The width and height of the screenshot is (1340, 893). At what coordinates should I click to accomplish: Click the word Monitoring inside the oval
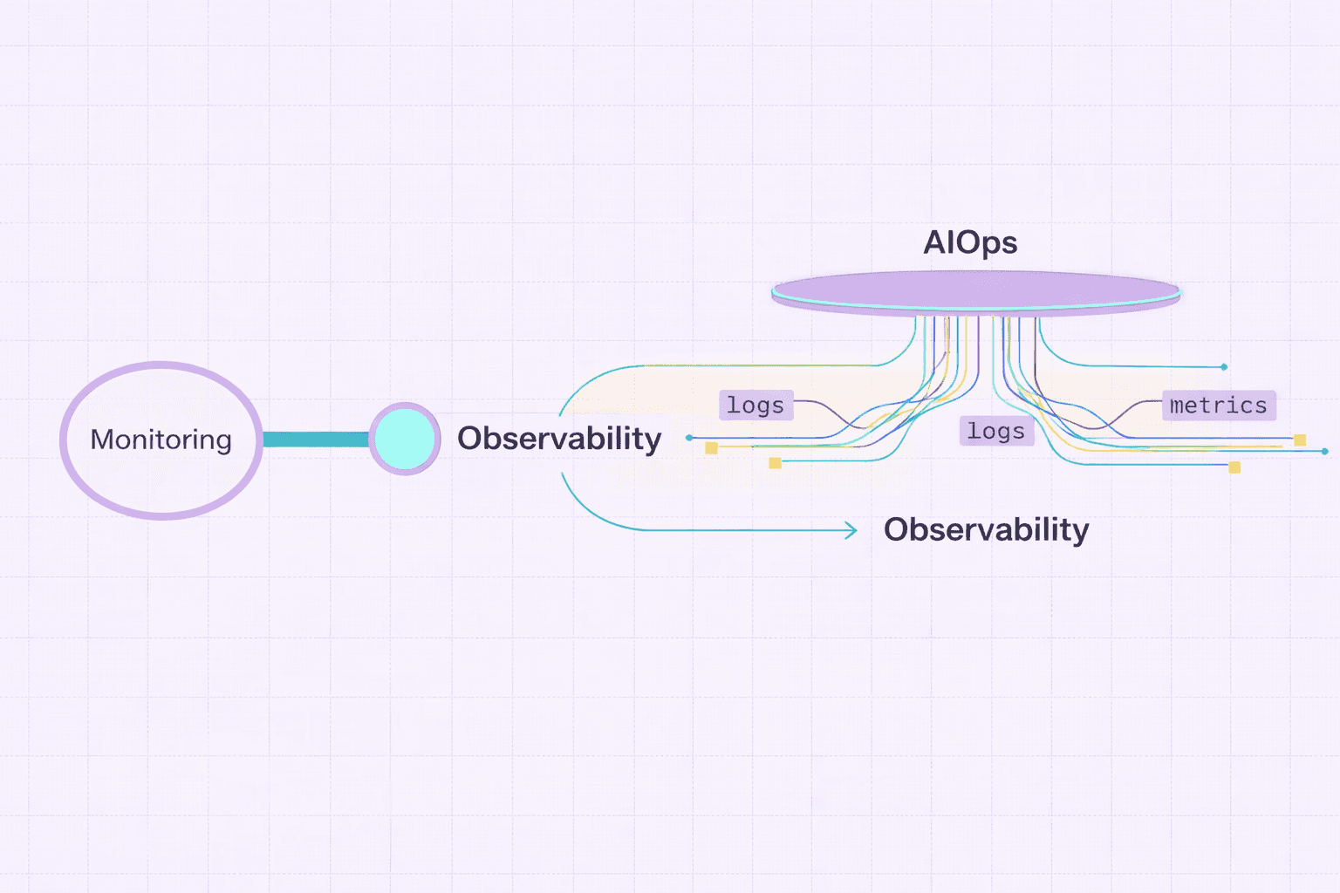point(161,440)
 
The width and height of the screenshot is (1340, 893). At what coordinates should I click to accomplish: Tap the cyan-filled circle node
point(405,439)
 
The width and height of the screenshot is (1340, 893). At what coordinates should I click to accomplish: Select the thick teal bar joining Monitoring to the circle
point(315,440)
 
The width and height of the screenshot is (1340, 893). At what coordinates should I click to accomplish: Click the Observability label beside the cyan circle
point(559,439)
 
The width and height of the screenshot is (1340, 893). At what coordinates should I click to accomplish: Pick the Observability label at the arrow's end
point(986,530)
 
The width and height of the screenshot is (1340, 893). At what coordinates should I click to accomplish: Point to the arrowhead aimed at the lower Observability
point(851,530)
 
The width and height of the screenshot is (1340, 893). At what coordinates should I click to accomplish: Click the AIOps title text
point(970,242)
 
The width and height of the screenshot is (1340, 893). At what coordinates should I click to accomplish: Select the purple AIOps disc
point(975,290)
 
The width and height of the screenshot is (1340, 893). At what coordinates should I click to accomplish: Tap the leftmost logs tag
point(755,406)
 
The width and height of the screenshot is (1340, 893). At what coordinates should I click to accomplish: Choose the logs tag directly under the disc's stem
point(996,431)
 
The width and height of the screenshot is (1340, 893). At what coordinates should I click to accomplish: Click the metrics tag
point(1218,406)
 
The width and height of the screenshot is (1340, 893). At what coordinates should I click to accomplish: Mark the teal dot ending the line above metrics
point(1224,367)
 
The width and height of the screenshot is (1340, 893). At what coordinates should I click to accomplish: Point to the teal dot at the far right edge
point(1324,451)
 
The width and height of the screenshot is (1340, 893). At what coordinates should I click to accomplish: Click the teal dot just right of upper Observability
point(689,438)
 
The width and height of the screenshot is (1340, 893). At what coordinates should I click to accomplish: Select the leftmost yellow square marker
point(712,448)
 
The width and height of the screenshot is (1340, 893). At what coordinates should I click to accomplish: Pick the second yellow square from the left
point(775,463)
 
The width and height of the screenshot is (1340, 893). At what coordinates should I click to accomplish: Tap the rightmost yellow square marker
point(1300,440)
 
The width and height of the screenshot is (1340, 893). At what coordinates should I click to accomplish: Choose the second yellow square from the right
point(1234,467)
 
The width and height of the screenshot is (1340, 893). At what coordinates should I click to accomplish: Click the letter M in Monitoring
point(102,440)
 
